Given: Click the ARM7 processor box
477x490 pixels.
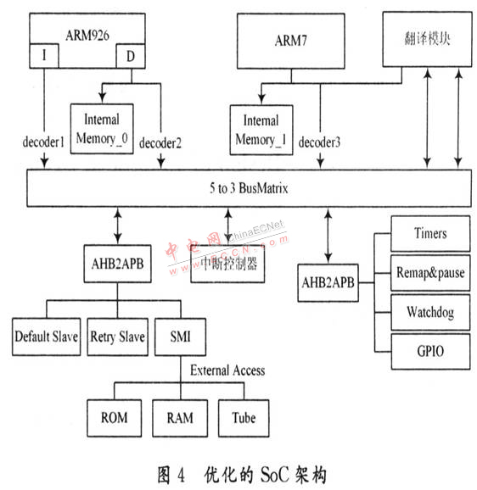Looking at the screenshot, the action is [x=291, y=41].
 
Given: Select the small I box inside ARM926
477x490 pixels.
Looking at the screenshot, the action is [x=44, y=56].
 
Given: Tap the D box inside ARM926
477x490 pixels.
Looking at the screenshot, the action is [x=131, y=56].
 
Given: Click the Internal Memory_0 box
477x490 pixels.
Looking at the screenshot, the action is [x=102, y=129].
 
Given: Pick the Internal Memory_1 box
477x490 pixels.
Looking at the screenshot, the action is [x=261, y=130].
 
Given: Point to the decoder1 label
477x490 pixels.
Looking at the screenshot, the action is [x=43, y=142].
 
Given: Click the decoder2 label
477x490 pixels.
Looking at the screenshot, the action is [x=160, y=143].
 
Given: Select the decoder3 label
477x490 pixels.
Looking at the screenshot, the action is [x=319, y=142].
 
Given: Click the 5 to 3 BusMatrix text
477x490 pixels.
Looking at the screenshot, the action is [x=249, y=188].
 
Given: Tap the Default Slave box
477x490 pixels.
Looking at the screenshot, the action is [x=47, y=337].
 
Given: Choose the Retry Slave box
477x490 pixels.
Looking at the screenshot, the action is [x=118, y=337].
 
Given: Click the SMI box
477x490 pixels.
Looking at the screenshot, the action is [x=181, y=337].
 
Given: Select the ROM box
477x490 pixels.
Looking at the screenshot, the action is [x=115, y=418].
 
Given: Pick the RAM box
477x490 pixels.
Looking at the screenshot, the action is [x=180, y=418].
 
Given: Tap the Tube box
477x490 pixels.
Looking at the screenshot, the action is [x=244, y=418].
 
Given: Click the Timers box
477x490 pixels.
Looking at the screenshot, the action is [x=430, y=233].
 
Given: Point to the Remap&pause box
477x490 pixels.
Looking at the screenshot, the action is [x=430, y=273].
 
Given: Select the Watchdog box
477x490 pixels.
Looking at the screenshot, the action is [x=430, y=312].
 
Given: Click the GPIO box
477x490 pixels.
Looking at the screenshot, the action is [x=430, y=351].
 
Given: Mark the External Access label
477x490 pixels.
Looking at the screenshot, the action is [x=227, y=370].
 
